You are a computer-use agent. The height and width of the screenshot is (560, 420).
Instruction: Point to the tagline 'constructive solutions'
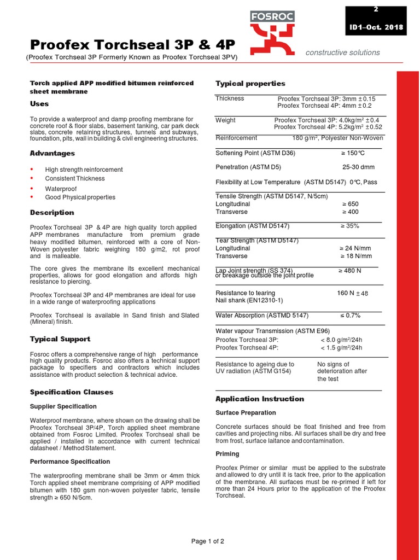point(343,52)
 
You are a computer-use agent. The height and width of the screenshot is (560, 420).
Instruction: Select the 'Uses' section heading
point(39,103)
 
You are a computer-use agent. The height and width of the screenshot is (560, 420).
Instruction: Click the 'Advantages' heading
point(52,153)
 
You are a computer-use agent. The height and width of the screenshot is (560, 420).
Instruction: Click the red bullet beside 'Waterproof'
point(32,188)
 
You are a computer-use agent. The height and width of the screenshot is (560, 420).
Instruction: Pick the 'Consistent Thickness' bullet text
point(75,178)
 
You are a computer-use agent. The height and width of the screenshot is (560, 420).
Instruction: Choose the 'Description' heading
point(52,212)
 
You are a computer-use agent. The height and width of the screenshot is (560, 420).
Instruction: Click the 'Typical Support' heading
point(60,339)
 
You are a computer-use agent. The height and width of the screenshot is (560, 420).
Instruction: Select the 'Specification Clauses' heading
point(72,392)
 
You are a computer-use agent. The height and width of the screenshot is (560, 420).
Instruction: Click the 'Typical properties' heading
point(250,83)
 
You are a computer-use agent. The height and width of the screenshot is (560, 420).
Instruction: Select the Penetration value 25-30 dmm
point(358,167)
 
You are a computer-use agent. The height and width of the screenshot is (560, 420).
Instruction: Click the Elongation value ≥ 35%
point(350,225)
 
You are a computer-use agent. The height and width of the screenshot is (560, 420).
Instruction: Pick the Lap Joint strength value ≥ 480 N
point(350,270)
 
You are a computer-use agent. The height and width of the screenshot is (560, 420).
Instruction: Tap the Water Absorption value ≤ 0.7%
point(350,316)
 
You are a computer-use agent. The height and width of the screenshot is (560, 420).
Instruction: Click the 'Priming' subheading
point(227,454)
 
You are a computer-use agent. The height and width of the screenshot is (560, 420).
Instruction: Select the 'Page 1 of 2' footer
point(208,541)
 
